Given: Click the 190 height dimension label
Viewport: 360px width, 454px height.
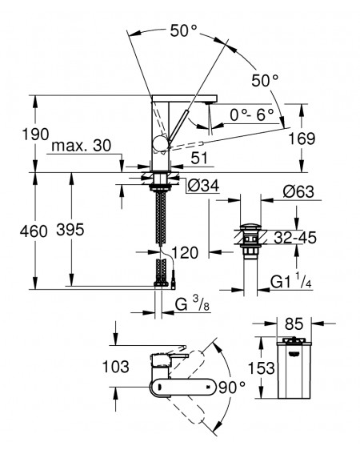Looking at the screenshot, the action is coord(35,135).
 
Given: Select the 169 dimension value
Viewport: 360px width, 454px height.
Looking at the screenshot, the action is coord(302,139).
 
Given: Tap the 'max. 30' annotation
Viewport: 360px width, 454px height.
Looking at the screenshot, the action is coord(82,146).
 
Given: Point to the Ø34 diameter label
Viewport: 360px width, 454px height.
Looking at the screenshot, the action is coord(203,186).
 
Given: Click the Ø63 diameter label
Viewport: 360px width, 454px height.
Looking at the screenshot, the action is coord(298,191).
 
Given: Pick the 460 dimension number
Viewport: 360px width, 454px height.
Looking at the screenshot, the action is coord(34,231).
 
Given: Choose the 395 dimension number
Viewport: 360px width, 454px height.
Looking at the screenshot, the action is coord(70,230).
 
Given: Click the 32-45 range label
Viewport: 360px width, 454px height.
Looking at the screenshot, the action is coord(295,238).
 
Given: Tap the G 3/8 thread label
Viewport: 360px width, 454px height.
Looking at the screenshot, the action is coord(192,304).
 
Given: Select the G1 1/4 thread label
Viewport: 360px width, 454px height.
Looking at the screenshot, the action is coord(291,281).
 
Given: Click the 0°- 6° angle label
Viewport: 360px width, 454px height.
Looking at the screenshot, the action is coord(252,115).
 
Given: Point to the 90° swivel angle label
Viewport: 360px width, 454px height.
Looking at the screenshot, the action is coord(232,388).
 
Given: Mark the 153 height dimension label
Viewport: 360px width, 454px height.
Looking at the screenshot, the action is coord(262,368).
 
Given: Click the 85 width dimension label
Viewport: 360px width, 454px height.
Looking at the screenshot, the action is coord(294,323).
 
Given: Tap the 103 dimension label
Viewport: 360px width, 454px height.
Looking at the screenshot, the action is coord(116,367).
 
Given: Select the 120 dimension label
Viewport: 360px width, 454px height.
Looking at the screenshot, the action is coord(186,252).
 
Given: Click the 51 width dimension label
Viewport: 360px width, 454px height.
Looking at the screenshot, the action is coord(199,158).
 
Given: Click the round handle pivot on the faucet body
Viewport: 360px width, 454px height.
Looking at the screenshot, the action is coord(160,143).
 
